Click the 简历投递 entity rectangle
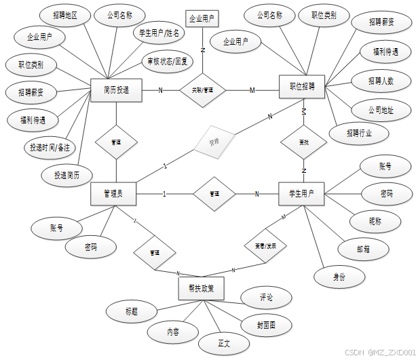click(116, 90)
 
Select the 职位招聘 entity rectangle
click(302, 87)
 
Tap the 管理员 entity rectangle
click(115, 193)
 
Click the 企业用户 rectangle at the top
click(202, 19)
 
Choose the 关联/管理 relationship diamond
click(203, 90)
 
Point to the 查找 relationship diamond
click(303, 142)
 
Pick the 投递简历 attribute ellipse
click(75, 175)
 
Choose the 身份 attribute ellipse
click(339, 277)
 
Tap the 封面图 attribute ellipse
click(267, 325)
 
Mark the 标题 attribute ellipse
click(131, 312)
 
